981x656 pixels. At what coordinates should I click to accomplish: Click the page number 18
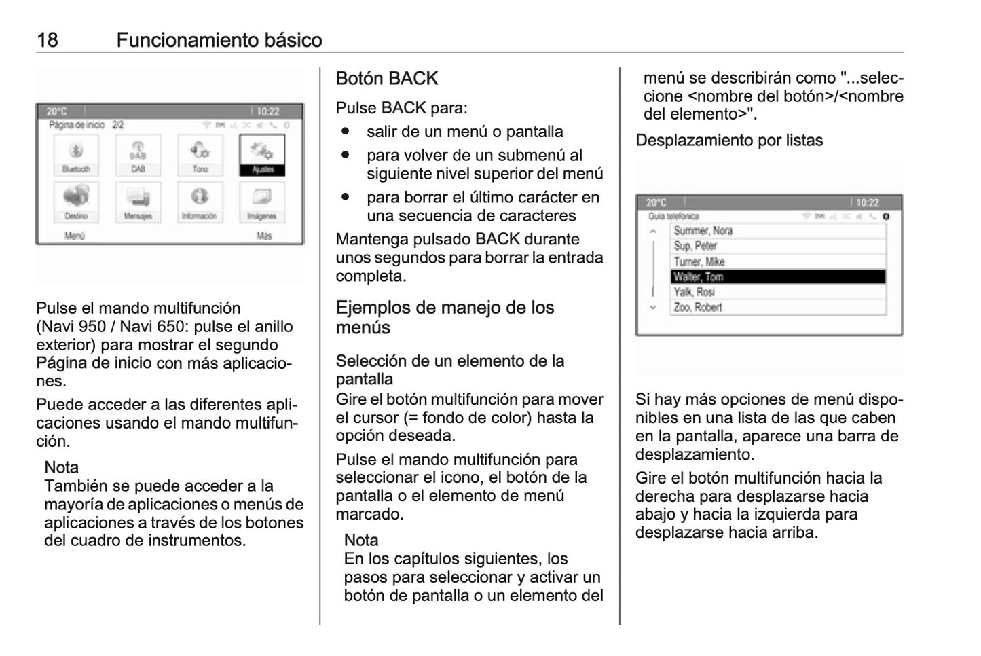[x=48, y=40]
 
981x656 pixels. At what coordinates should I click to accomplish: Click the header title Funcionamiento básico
[x=219, y=40]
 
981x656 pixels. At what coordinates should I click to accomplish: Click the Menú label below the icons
[x=74, y=236]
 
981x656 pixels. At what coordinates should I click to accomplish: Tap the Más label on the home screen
[x=264, y=236]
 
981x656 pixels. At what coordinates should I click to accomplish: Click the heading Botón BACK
[x=386, y=79]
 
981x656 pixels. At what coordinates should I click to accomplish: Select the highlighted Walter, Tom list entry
[x=778, y=277]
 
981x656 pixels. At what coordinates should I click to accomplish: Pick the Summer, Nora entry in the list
[x=778, y=231]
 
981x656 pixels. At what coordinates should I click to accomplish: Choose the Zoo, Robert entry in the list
[x=778, y=308]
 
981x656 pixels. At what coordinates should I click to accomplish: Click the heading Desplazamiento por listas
[x=728, y=141]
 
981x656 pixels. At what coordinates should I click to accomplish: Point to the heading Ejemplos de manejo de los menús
[x=445, y=317]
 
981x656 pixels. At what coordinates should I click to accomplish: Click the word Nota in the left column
[x=61, y=467]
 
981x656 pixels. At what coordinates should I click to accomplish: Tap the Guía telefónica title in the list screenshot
[x=673, y=217]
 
